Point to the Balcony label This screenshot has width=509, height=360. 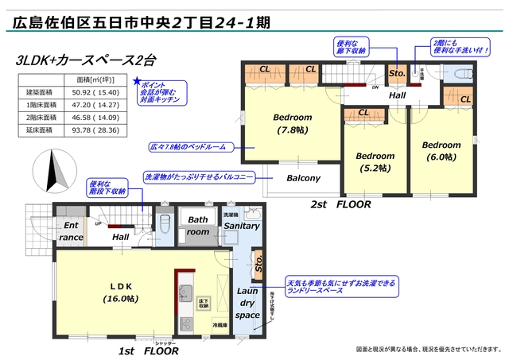[x=303, y=178]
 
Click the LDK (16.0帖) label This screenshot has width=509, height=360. [x=120, y=292]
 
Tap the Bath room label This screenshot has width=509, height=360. [x=198, y=225]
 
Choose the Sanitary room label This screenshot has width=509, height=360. [x=241, y=226]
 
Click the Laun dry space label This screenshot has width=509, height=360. [x=247, y=303]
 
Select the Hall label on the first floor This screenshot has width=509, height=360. [x=120, y=237]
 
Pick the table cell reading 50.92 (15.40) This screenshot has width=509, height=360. [x=91, y=93]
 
